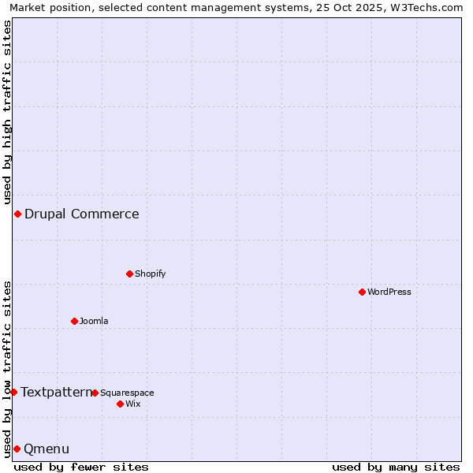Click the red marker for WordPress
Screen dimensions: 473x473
362,292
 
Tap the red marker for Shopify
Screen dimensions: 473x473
129,274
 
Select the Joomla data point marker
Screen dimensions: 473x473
74,321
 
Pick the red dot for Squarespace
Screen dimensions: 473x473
95,393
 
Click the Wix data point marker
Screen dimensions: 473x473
120,404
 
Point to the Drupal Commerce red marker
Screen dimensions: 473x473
17,214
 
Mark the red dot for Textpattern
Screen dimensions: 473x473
13,392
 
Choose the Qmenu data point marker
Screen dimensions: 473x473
17,449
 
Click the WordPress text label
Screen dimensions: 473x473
389,292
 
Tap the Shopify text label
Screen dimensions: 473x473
151,274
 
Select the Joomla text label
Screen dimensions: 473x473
94,322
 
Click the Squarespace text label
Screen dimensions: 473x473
127,393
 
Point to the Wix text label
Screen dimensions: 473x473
133,404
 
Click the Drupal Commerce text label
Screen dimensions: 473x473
82,214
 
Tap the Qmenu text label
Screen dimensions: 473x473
47,449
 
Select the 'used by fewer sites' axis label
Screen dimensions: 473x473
81,467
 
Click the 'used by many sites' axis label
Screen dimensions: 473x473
396,467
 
